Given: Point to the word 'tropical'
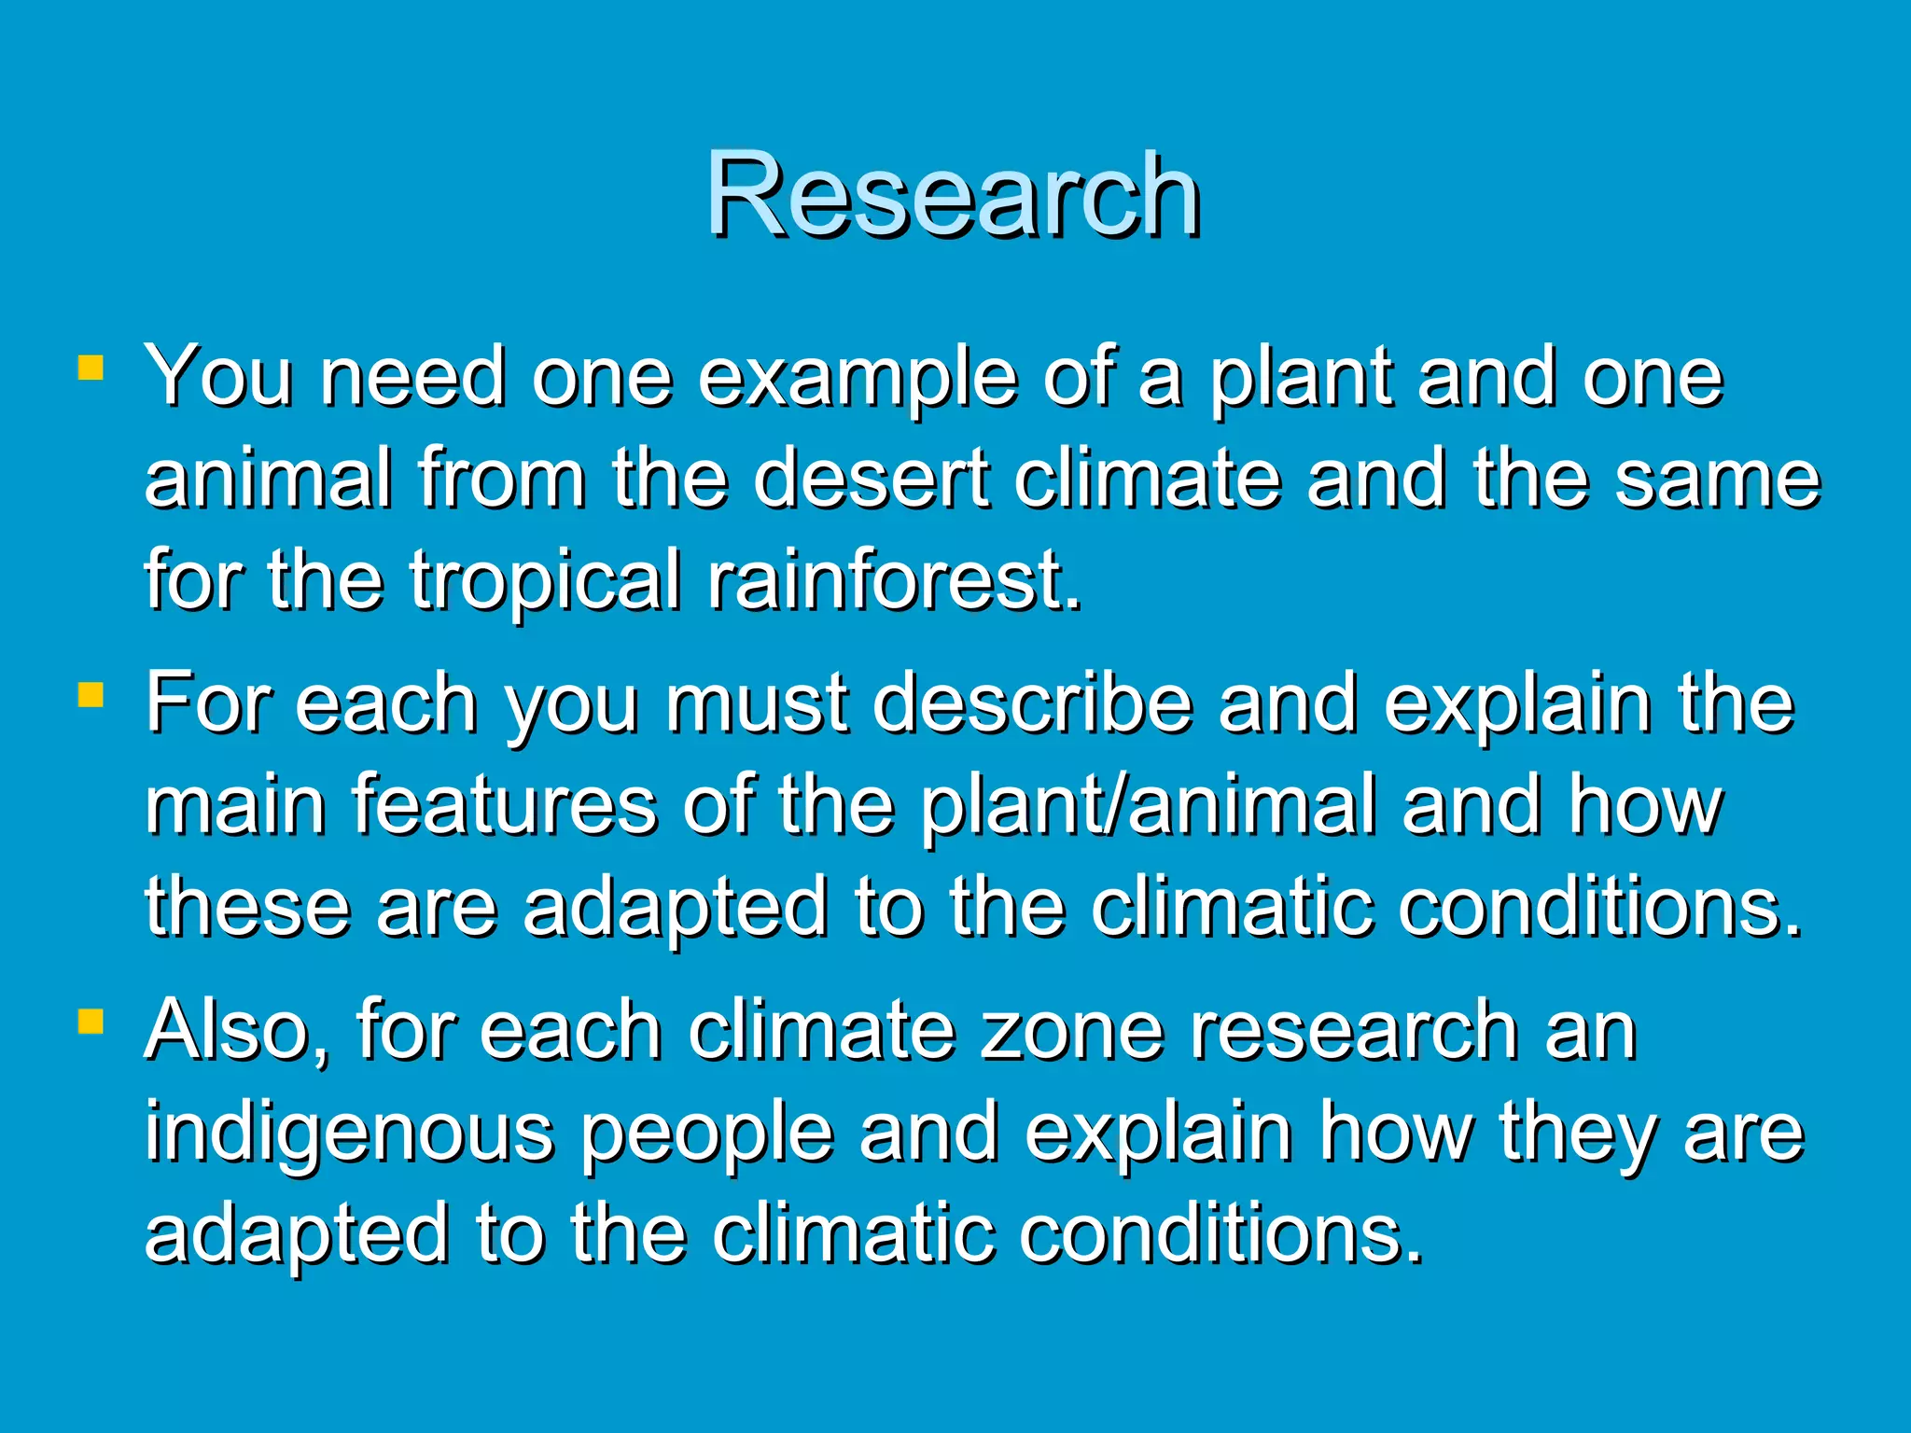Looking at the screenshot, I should click(545, 581).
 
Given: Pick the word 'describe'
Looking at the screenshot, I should click(1032, 703).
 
